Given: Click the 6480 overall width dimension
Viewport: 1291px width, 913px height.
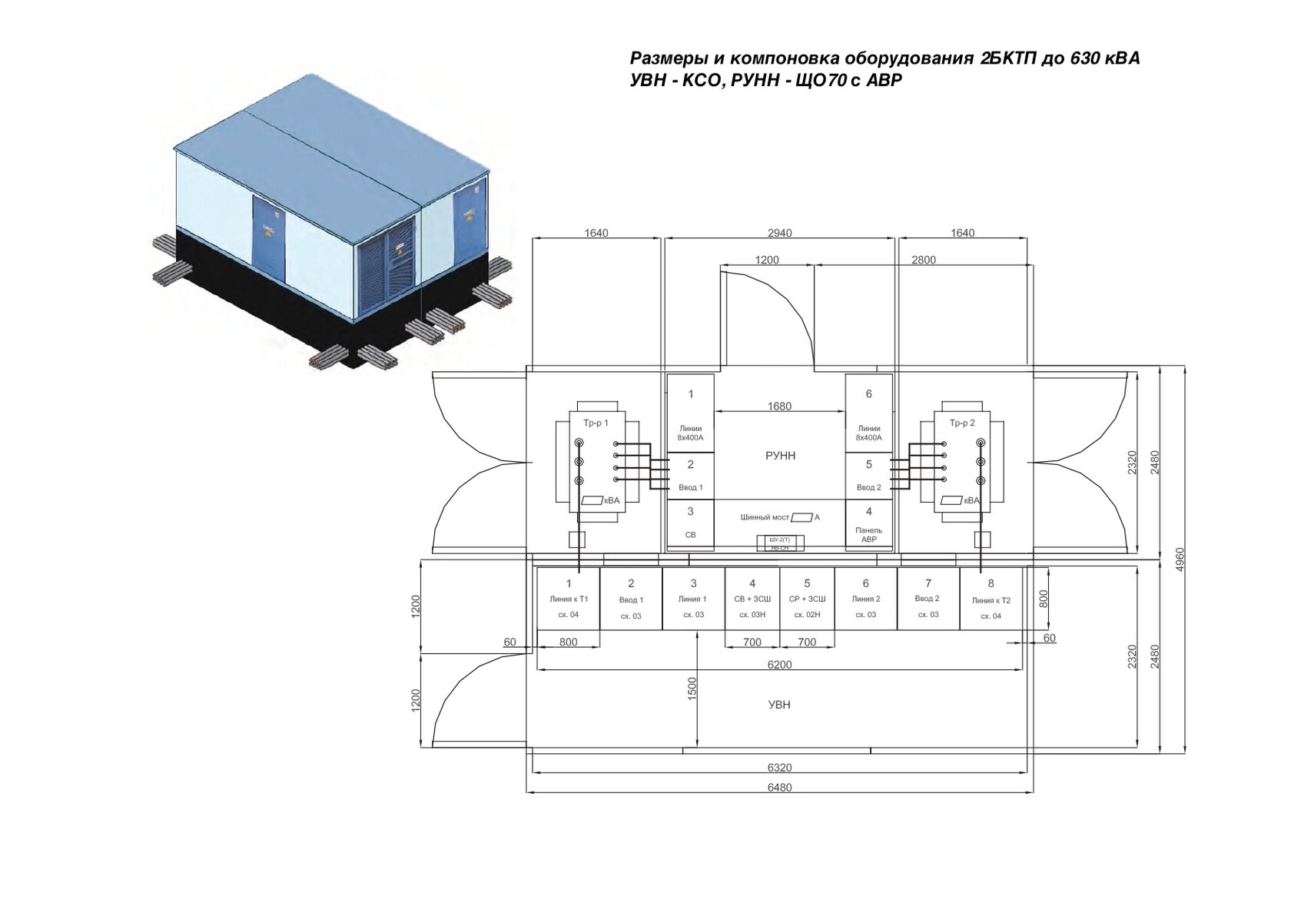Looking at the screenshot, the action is [779, 787].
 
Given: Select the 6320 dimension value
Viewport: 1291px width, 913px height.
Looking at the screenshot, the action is [779, 767].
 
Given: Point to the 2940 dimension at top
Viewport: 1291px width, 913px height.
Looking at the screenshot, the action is [779, 233].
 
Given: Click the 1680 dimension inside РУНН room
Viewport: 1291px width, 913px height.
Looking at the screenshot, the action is [779, 407].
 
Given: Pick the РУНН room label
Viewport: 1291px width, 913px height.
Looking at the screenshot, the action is [781, 456].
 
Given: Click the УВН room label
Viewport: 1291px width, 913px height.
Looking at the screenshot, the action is [779, 704].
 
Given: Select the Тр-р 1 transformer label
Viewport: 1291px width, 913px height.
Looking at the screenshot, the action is [596, 423].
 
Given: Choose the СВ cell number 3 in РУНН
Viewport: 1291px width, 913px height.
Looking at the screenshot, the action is [690, 523].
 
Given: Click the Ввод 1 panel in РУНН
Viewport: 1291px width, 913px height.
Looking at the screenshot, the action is [690, 476].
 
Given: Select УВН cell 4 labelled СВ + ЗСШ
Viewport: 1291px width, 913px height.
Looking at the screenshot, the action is [752, 599].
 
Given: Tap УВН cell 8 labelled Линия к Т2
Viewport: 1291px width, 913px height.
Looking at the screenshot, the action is [991, 599].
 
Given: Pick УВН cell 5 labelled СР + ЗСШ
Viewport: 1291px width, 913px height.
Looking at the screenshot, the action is [807, 599].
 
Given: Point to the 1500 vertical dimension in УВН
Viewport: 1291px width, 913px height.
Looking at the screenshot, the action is [692, 689].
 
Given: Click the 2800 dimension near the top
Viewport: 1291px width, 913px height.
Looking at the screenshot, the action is [923, 260].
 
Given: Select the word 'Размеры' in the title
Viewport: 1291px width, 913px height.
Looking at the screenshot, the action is [665, 58].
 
